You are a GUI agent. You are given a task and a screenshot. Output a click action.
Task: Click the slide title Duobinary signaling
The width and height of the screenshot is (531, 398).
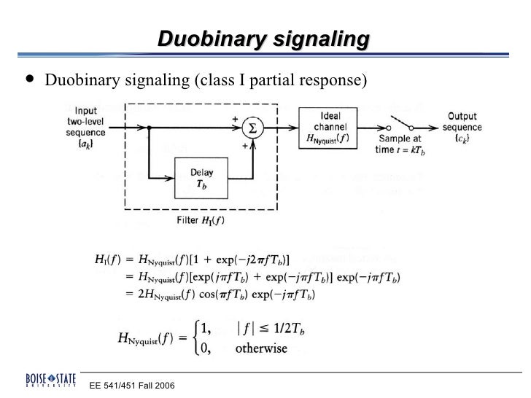[264, 41]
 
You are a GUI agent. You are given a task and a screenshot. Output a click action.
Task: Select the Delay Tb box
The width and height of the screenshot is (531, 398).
[201, 179]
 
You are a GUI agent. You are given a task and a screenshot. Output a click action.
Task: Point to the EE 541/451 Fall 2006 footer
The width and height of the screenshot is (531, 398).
[132, 384]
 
